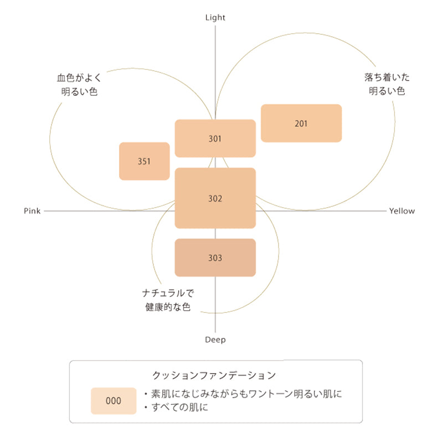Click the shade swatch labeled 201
pyautogui.click(x=301, y=123)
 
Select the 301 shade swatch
pyautogui.click(x=215, y=138)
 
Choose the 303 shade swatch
pyautogui.click(x=215, y=257)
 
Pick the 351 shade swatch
pyautogui.click(x=144, y=161)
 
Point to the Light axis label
pyautogui.click(x=215, y=18)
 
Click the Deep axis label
pyautogui.click(x=215, y=339)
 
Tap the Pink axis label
pyautogui.click(x=32, y=211)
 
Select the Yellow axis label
pyautogui.click(x=401, y=211)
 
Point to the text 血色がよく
pyautogui.click(x=79, y=78)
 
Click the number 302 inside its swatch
pyautogui.click(x=215, y=198)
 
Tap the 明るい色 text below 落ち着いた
pyautogui.click(x=387, y=91)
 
